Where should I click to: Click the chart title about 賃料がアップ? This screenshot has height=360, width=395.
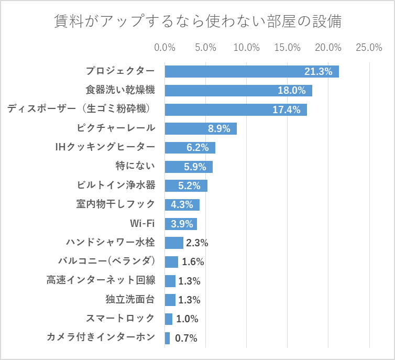pos(198,22)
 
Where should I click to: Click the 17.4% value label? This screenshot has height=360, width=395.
pos(287,110)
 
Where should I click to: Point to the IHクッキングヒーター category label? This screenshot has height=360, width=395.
pos(105,147)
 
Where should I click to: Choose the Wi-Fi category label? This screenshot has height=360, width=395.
pos(142,223)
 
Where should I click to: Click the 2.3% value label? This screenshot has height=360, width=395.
pos(197,243)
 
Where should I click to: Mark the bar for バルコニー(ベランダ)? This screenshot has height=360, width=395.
pos(171,262)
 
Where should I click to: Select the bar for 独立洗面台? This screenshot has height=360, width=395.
pos(170,300)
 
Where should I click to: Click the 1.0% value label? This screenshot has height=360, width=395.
pos(187,319)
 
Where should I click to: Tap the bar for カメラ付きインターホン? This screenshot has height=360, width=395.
pos(168,338)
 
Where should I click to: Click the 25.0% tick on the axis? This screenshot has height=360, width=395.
pos(369,48)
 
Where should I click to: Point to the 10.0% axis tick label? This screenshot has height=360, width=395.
pos(246,48)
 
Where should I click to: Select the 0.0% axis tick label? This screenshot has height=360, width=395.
pos(164,48)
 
